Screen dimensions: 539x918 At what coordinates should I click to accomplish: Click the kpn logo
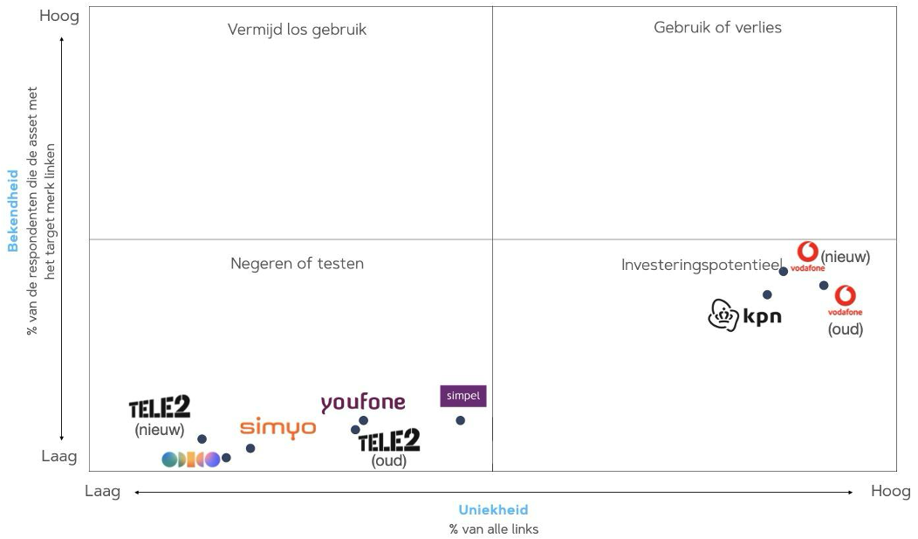click(744, 315)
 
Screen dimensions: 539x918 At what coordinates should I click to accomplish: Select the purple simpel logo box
click(462, 396)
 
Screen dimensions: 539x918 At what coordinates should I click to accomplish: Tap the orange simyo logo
click(277, 427)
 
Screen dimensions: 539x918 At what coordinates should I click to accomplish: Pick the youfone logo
click(363, 403)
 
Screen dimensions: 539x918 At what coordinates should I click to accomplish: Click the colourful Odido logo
click(190, 460)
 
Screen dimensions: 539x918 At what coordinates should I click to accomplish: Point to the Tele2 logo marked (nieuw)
click(160, 408)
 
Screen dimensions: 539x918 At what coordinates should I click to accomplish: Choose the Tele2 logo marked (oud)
click(389, 440)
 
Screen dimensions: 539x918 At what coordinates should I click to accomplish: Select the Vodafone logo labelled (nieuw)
click(808, 256)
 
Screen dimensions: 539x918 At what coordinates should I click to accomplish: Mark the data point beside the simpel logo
click(460, 420)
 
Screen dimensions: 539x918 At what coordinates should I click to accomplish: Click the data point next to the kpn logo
click(767, 294)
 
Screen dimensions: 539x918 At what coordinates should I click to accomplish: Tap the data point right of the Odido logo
click(226, 458)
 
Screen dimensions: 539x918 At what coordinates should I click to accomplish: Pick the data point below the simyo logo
click(250, 448)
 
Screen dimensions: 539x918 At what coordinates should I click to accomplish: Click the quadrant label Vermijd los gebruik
click(297, 30)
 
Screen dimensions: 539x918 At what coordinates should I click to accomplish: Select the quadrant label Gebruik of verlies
click(717, 27)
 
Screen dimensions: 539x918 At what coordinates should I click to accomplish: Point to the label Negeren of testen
click(297, 263)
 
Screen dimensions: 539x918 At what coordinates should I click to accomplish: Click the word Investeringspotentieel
click(702, 264)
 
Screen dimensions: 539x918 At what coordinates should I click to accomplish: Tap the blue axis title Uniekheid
click(493, 510)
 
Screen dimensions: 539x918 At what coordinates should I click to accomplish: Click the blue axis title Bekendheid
click(13, 211)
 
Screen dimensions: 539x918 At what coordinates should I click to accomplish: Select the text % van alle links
click(493, 529)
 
